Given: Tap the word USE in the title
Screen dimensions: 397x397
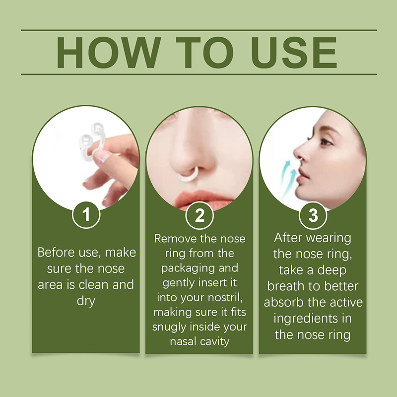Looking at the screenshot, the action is click(294, 53).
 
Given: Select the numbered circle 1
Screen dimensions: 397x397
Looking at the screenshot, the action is click(86, 215).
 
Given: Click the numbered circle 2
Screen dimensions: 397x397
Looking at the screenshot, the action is click(199, 216).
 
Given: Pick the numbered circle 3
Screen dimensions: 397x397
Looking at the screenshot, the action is click(313, 216).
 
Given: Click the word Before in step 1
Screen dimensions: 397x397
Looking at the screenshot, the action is click(57, 253).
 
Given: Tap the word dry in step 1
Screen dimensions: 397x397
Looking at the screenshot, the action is click(86, 301).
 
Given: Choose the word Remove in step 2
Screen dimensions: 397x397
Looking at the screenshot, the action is click(176, 239).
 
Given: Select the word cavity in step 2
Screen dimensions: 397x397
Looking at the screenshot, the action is click(215, 342).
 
